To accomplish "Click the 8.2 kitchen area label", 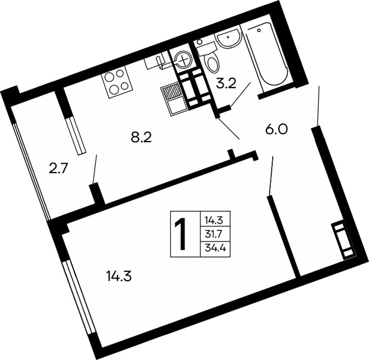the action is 141,137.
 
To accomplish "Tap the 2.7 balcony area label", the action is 58,169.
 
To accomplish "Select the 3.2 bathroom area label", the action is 226,83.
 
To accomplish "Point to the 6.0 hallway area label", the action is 276,129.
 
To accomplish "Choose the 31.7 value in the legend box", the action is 214,235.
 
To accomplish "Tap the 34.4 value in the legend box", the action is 216,248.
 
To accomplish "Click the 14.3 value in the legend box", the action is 214,220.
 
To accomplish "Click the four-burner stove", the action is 117,82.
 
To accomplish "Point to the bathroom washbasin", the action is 228,39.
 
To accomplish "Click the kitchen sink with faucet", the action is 157,60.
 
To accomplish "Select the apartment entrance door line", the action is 319,106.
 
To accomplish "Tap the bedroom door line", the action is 271,176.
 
